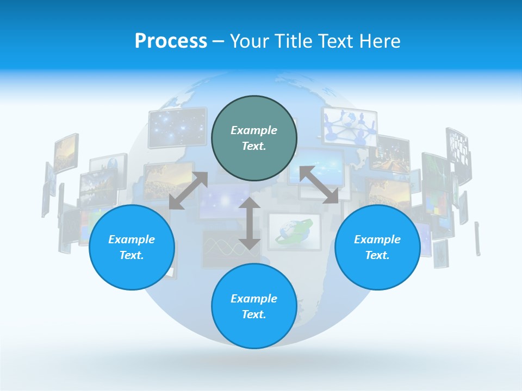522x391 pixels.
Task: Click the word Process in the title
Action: (171, 41)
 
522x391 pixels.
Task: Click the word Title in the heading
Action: (294, 41)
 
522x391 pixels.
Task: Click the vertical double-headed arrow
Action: (250, 223)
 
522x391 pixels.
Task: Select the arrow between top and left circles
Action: (188, 191)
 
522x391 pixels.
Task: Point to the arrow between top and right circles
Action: (319, 185)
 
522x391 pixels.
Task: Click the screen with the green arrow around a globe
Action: (294, 231)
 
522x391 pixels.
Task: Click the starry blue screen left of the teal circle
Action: (177, 128)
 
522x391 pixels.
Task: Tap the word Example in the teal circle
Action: (254, 130)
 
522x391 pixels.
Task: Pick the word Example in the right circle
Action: (377, 239)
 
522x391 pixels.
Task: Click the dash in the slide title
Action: (218, 41)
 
